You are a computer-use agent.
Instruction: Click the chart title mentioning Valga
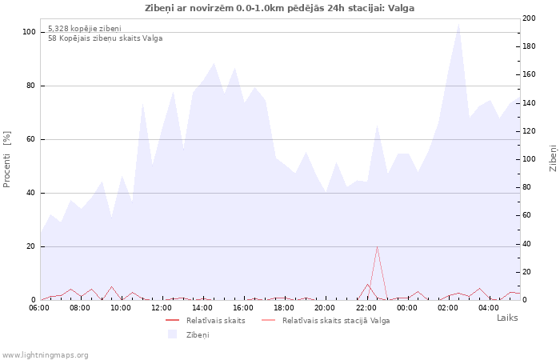pyautogui.click(x=280, y=7)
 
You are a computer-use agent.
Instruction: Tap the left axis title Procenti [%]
pyautogui.click(x=7, y=159)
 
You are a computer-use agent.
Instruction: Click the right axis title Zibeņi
pyautogui.click(x=553, y=158)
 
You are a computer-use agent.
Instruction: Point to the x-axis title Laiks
pyautogui.click(x=507, y=318)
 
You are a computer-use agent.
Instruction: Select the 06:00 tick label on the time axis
pyautogui.click(x=39, y=306)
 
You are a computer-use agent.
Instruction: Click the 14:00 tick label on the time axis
pyautogui.click(x=202, y=306)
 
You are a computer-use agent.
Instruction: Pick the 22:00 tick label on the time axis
pyautogui.click(x=366, y=306)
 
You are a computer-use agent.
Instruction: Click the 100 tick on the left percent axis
pyautogui.click(x=29, y=32)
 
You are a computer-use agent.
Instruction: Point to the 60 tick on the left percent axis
pyautogui.click(x=31, y=139)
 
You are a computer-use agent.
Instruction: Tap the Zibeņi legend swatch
pyautogui.click(x=172, y=334)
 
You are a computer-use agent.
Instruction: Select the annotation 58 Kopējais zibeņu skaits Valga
pyautogui.click(x=105, y=38)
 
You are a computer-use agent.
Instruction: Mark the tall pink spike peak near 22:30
pyautogui.click(x=377, y=246)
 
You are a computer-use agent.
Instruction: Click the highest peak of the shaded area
pyautogui.click(x=458, y=23)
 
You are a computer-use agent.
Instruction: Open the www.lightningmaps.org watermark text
pyautogui.click(x=45, y=354)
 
